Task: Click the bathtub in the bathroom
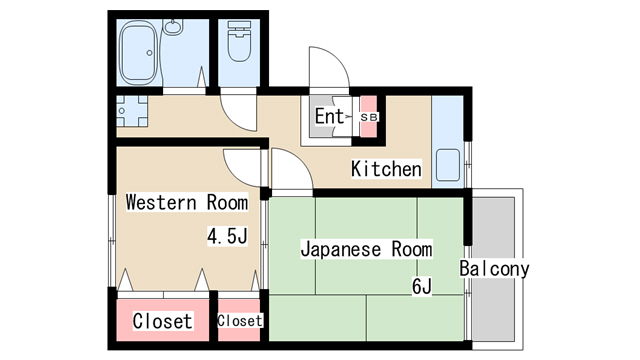point(138,52)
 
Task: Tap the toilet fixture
point(239,42)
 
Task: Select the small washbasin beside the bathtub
point(174,27)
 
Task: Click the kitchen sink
point(448,165)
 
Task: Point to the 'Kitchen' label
point(386,169)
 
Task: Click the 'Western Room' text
point(187,202)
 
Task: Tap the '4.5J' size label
point(227,236)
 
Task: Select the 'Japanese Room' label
point(367,249)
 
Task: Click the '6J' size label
point(422,287)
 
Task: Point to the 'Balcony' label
point(494,269)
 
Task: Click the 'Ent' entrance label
point(329,116)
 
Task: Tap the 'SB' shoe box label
point(369,117)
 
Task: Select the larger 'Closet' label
point(162,321)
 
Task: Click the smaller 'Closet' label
point(240,321)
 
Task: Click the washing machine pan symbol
point(132,111)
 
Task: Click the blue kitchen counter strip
point(448,142)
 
